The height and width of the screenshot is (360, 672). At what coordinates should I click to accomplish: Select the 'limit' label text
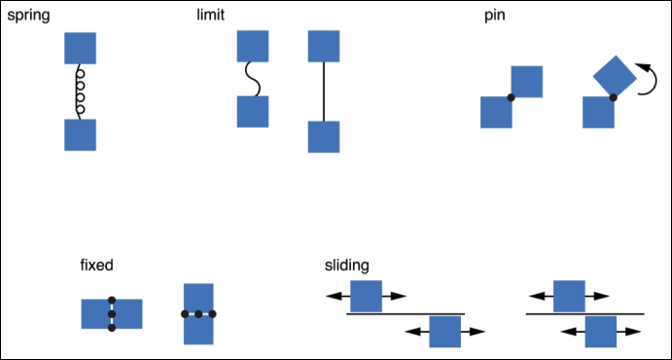(x=210, y=17)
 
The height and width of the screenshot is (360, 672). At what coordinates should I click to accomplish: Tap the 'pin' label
(x=494, y=17)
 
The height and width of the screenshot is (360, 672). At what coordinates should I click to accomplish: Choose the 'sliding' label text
(x=346, y=265)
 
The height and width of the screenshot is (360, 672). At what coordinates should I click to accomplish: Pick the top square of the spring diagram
(x=81, y=48)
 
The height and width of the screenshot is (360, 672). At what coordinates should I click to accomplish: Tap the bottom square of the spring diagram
(x=81, y=134)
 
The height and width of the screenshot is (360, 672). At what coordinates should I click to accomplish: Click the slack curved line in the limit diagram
(x=253, y=80)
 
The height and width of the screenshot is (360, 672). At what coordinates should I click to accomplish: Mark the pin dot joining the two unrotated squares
(x=512, y=97)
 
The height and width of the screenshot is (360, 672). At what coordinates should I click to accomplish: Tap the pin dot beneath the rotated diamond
(x=613, y=97)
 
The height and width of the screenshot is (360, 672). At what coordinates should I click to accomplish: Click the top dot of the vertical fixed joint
(x=112, y=300)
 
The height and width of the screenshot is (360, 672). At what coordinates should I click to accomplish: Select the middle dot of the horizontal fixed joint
(x=198, y=314)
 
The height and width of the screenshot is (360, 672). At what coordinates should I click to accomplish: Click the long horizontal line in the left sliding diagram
(x=405, y=313)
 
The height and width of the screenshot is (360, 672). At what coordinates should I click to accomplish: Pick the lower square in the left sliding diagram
(x=444, y=332)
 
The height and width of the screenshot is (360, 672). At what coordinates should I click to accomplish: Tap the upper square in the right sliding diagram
(x=568, y=296)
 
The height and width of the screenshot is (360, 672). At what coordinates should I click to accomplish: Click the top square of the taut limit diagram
(x=323, y=46)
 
